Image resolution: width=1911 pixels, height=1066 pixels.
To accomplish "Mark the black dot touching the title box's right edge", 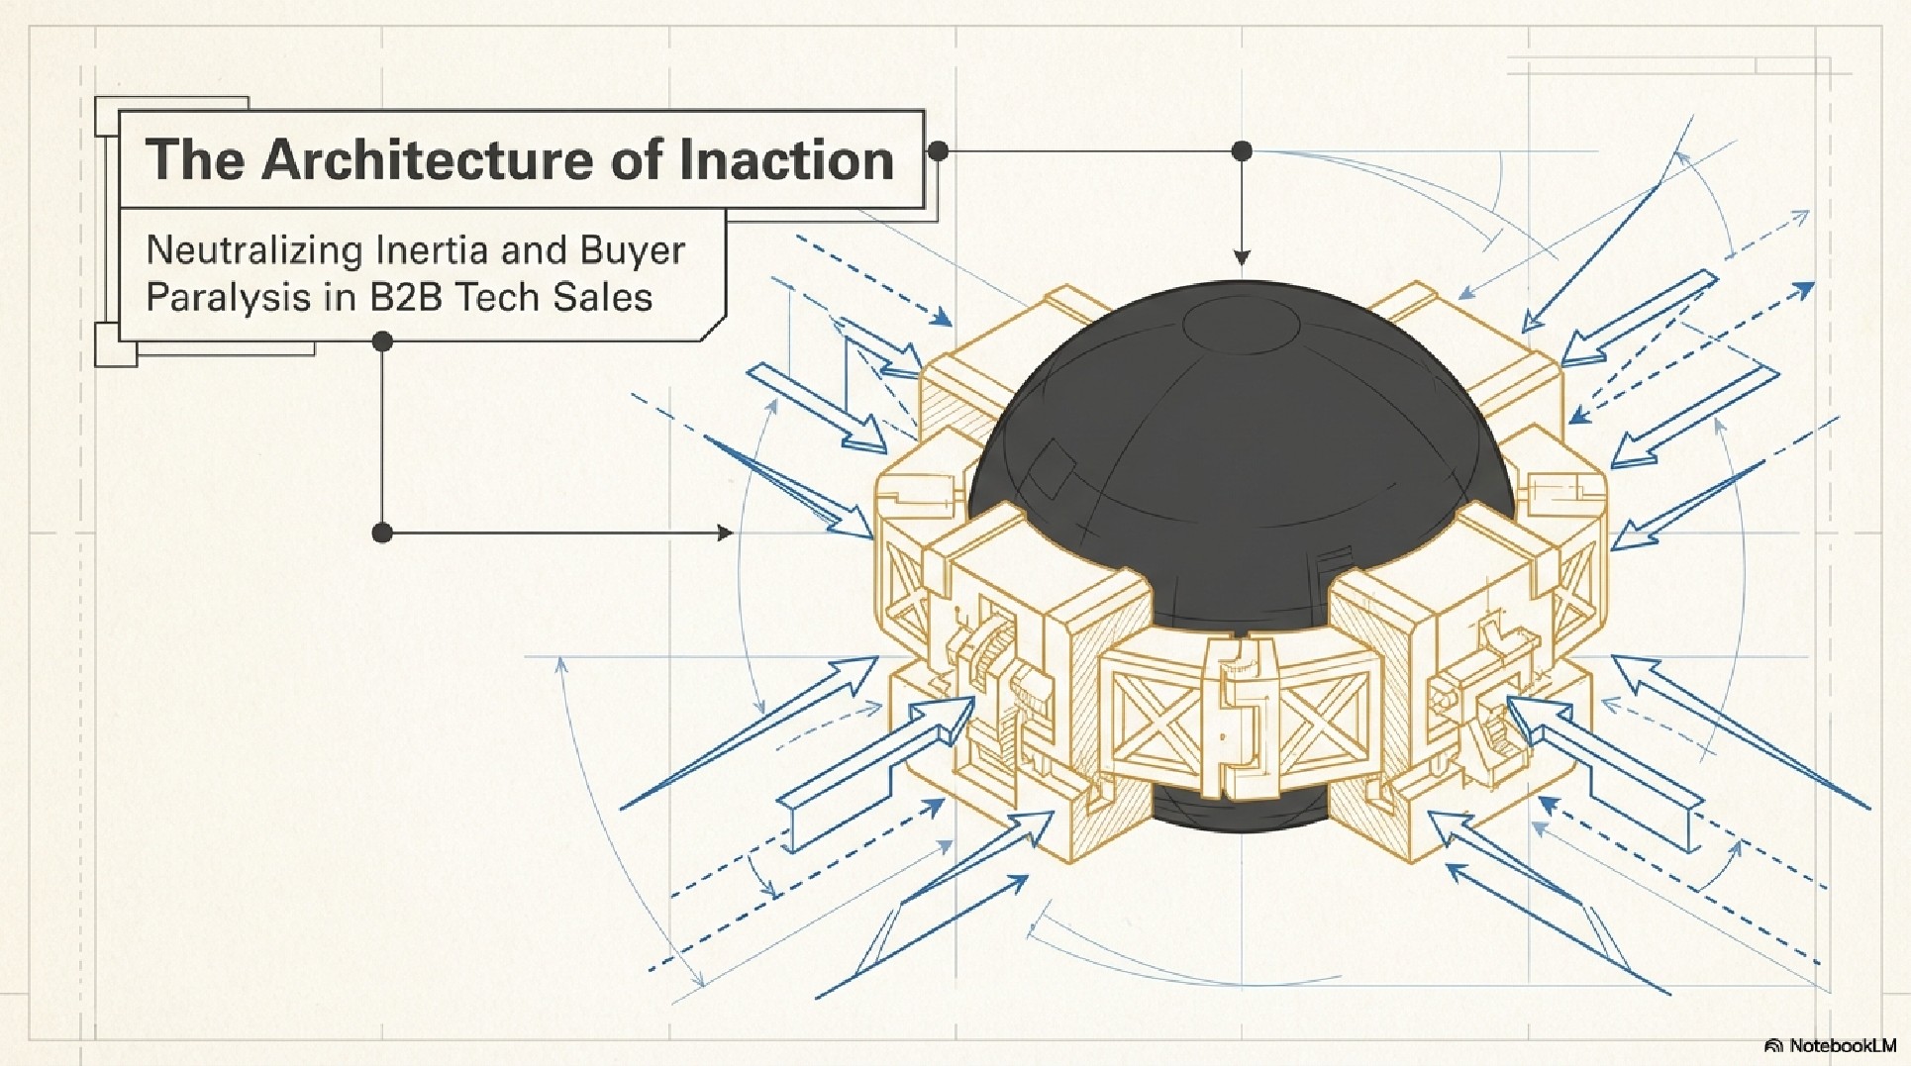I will pos(938,151).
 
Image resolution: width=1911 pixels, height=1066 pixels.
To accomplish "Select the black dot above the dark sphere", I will pos(1242,151).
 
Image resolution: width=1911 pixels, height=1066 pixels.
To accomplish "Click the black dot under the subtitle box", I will pos(382,342).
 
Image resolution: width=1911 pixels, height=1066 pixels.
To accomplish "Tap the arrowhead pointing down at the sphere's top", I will pos(1242,257).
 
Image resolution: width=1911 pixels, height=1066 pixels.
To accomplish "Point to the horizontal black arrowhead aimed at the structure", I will pos(724,533).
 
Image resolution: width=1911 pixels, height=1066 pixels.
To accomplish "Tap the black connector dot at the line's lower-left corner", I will pos(382,533).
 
